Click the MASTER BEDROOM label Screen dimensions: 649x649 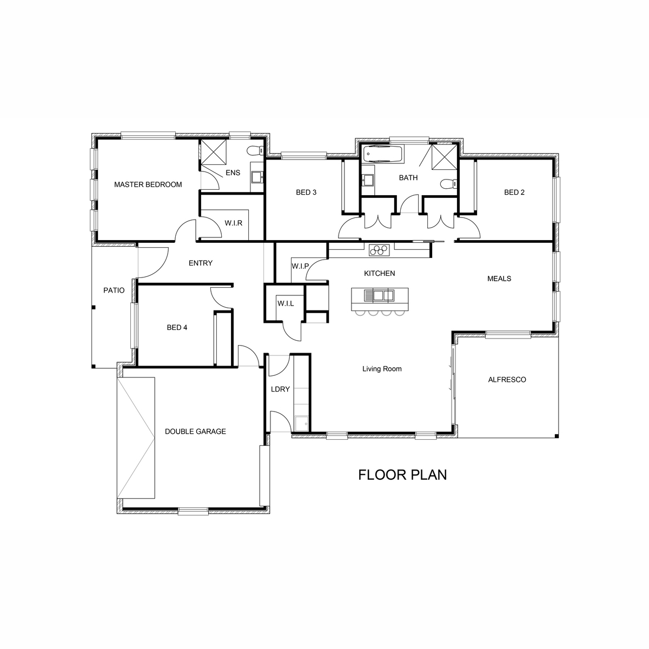148,184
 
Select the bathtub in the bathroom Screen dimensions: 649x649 382,154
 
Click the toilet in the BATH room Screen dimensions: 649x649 448,183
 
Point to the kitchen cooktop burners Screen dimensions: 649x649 379,249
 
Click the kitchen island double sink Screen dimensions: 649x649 379,295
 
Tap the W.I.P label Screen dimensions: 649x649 300,266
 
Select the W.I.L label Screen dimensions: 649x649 286,303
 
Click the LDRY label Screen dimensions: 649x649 280,389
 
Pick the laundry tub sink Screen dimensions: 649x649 301,423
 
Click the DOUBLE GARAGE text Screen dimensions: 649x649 195,432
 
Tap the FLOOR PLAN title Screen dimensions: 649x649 402,474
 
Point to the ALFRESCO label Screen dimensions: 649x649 507,380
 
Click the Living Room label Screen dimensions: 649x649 382,369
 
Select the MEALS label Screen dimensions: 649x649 499,279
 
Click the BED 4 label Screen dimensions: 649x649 177,327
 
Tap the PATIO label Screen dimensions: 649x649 114,290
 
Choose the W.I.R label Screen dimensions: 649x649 234,223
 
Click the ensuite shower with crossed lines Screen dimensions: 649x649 214,152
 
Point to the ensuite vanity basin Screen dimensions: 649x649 257,176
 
